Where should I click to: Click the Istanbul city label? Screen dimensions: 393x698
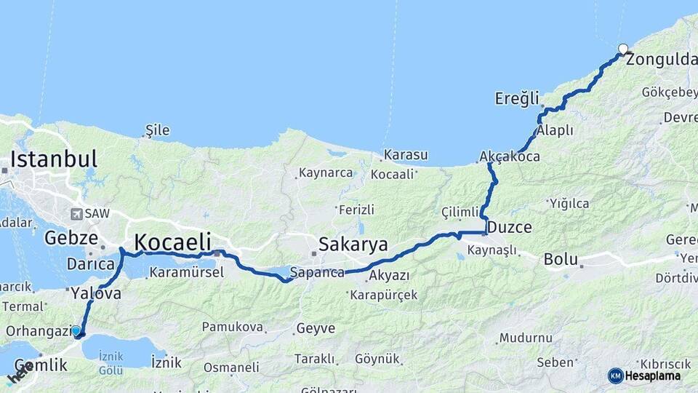(53, 159)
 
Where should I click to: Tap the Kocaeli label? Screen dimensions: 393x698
(172, 242)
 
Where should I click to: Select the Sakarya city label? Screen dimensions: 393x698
(353, 243)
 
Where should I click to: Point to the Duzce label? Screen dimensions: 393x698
(509, 227)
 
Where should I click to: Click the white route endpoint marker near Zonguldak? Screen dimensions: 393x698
(623, 49)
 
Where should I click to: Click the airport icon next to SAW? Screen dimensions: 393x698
(76, 214)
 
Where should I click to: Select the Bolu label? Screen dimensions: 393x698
(561, 259)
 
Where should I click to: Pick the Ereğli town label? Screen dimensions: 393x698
(517, 98)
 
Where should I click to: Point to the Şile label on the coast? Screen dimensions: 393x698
(157, 130)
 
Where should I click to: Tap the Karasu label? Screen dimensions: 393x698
(406, 155)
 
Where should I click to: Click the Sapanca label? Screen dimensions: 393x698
(317, 273)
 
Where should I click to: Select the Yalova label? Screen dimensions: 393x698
(95, 294)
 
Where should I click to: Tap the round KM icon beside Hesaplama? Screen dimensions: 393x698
(615, 376)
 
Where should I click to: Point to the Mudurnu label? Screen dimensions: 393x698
(526, 338)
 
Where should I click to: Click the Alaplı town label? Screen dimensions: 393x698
(555, 130)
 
